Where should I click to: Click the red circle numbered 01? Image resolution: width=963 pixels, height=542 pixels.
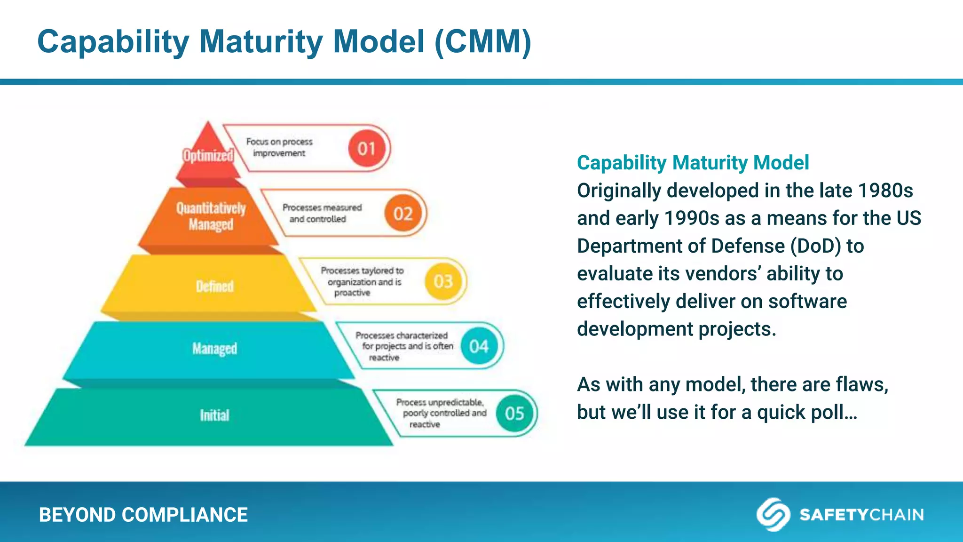(x=366, y=149)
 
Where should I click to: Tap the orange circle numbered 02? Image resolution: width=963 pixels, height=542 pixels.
(x=403, y=214)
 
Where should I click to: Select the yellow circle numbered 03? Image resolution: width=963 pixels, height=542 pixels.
(x=443, y=281)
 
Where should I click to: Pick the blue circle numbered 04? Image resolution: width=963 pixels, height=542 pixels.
(x=479, y=347)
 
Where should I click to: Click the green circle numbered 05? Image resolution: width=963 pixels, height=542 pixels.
(x=514, y=414)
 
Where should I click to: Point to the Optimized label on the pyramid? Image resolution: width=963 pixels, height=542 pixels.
(x=208, y=156)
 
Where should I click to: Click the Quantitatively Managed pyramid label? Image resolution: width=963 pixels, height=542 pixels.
(x=211, y=216)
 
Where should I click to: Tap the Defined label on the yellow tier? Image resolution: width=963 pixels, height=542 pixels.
(x=214, y=286)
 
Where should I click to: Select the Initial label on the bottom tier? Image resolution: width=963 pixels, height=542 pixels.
(x=214, y=415)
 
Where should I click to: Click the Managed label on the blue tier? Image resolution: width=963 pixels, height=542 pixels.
(x=214, y=349)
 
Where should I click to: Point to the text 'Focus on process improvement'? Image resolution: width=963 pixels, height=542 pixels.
(x=279, y=147)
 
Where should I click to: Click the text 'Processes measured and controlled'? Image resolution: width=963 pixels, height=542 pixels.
(x=322, y=213)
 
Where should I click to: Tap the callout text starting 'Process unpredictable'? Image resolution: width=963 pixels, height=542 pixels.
(x=440, y=413)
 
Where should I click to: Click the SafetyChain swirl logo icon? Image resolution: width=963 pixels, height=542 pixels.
(x=773, y=514)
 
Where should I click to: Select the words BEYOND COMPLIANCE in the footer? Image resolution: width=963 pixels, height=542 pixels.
(x=143, y=515)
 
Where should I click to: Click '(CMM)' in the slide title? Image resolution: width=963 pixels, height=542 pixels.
(x=483, y=41)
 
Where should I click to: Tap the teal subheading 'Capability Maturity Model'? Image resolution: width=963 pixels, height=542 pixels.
(x=693, y=163)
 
